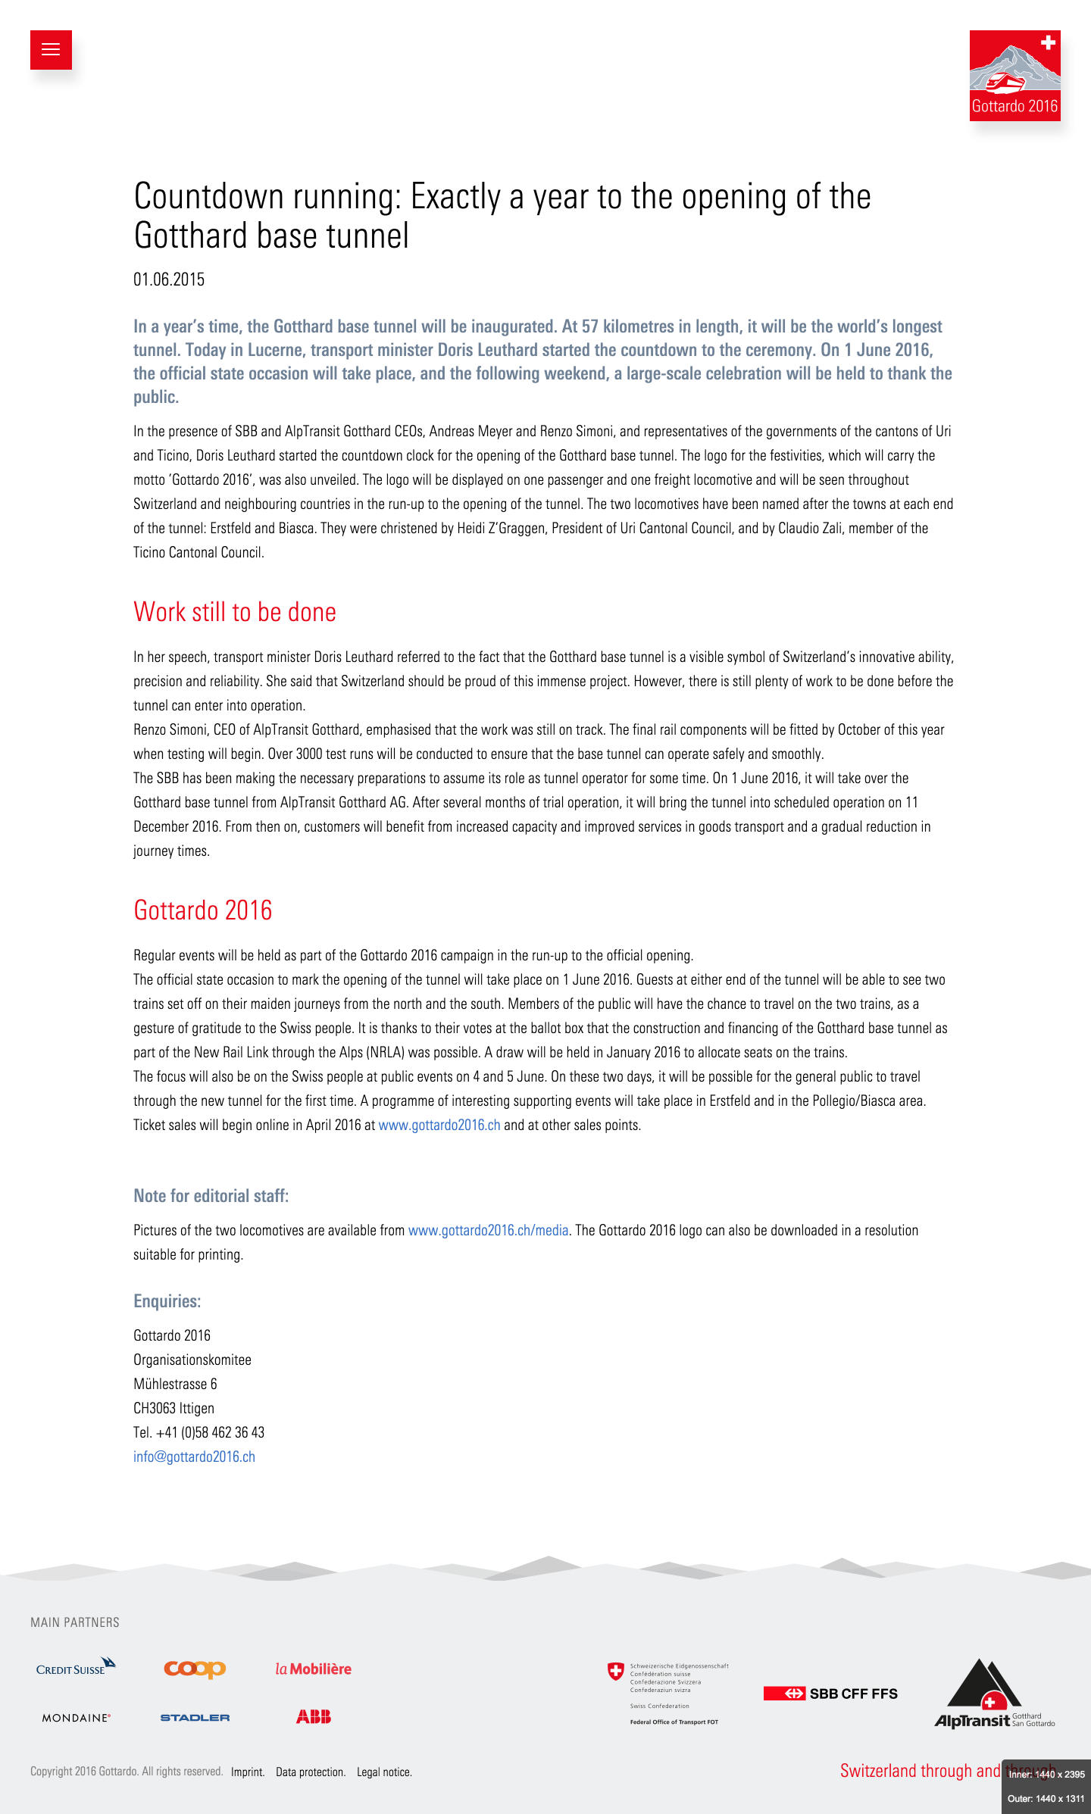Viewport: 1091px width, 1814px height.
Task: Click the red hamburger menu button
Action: (51, 50)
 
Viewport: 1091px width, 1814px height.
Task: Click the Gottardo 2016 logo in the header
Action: (1014, 76)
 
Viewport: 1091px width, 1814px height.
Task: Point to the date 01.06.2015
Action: (169, 279)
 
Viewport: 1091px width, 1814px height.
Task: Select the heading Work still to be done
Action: (235, 612)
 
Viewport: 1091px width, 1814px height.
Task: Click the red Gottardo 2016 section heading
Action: (203, 910)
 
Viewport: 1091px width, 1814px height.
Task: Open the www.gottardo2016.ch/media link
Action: (488, 1230)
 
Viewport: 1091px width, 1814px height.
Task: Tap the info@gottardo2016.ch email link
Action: (194, 1457)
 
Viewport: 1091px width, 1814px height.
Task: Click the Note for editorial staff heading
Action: (211, 1196)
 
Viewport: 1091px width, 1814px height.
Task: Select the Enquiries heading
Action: (167, 1301)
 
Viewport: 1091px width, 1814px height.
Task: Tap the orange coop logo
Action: (195, 1669)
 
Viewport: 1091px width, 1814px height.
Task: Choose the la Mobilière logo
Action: (314, 1669)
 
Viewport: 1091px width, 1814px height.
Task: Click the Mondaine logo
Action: (76, 1718)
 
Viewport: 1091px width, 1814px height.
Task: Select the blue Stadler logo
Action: (195, 1718)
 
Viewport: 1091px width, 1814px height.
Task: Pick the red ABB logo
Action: (314, 1717)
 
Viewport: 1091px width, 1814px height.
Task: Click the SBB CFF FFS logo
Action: (830, 1694)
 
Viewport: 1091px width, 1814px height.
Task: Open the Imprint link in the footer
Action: (248, 1772)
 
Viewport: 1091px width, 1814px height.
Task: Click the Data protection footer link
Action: (311, 1772)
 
